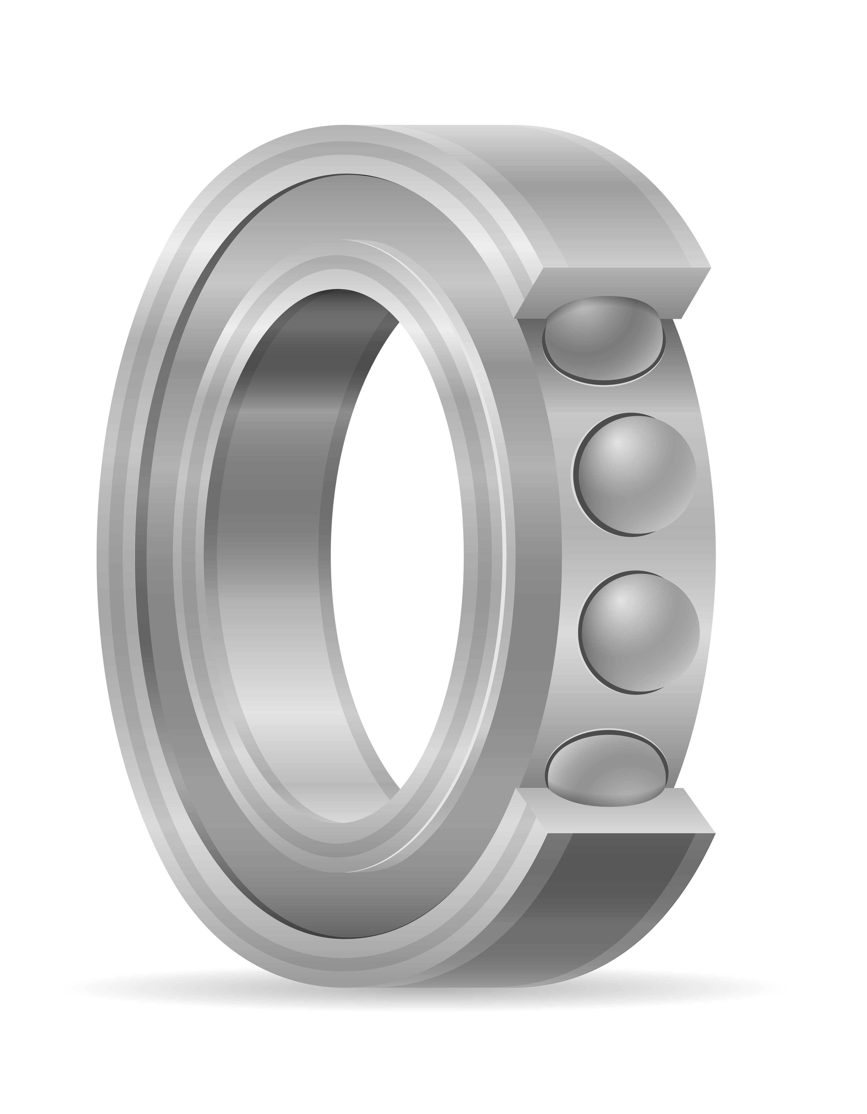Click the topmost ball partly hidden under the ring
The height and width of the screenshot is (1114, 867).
pos(604,340)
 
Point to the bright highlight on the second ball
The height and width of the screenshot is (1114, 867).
pos(617,444)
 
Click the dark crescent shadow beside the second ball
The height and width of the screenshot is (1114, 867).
pos(577,480)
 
